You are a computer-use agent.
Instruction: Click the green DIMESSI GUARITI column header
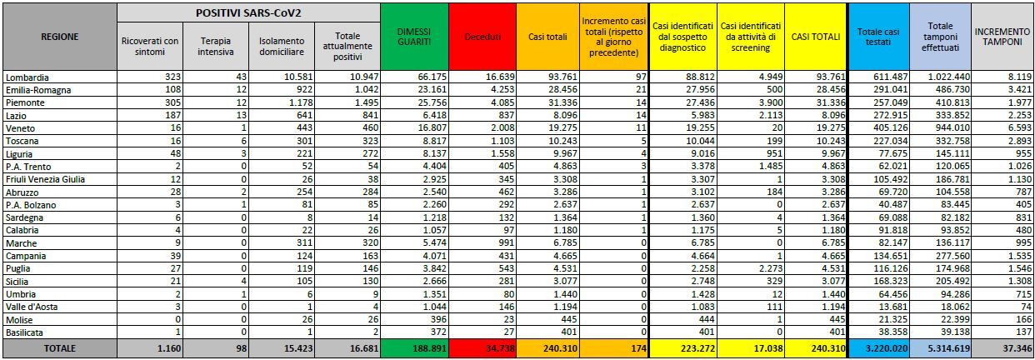[x=413, y=37]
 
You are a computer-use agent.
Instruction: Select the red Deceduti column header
[x=482, y=37]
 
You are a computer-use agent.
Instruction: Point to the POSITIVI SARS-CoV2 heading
[x=247, y=12]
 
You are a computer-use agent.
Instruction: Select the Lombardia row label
[x=27, y=77]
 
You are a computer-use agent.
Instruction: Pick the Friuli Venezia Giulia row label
[x=44, y=179]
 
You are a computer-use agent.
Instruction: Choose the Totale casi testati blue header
[x=877, y=37]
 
